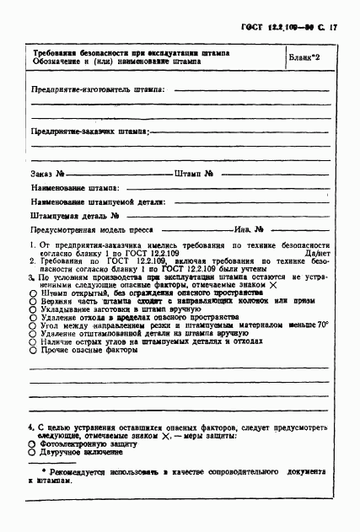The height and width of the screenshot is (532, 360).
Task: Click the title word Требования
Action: [59, 52]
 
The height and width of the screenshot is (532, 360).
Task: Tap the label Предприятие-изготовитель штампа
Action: [97, 89]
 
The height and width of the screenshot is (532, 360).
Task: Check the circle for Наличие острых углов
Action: [33, 341]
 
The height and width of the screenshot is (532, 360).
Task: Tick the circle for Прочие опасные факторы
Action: [33, 350]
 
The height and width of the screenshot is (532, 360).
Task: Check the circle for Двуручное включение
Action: [33, 452]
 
